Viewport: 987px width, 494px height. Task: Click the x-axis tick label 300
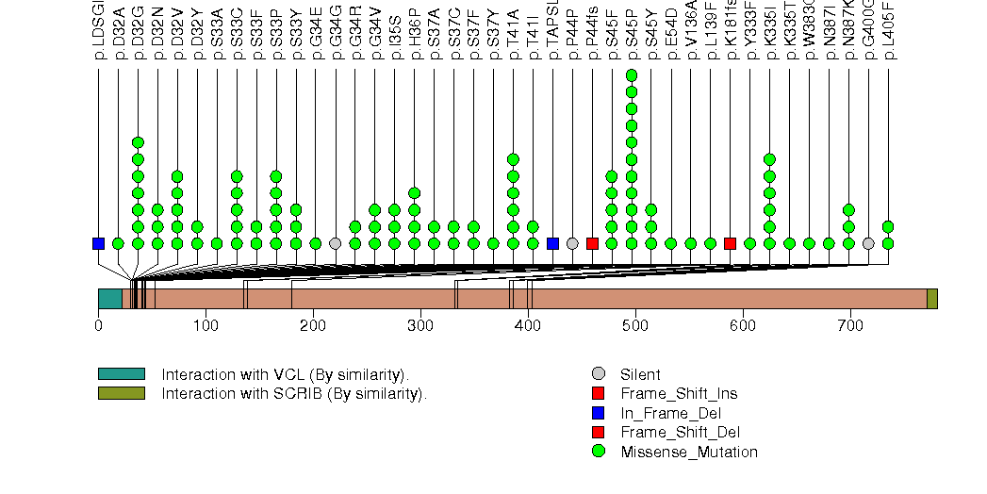tap(313, 326)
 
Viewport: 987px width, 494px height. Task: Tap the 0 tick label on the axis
tap(98, 326)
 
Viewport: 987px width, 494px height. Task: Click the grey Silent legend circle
tap(598, 374)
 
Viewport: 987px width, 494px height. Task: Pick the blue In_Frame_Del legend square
tap(598, 413)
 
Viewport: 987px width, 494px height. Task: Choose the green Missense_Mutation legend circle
tap(598, 452)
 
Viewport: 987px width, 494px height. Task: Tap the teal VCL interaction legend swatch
tap(121, 374)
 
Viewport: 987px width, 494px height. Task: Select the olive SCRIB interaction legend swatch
tap(121, 393)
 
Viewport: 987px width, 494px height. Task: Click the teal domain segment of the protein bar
tap(109, 299)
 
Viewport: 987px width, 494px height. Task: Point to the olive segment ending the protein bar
tap(931, 299)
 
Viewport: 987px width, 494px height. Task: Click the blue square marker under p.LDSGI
tap(98, 243)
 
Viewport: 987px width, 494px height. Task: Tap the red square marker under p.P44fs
tap(592, 243)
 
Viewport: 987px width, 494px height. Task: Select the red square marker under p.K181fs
tap(730, 243)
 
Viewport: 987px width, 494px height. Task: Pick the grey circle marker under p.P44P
tap(572, 243)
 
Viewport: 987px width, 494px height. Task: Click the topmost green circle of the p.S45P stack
tap(632, 75)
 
